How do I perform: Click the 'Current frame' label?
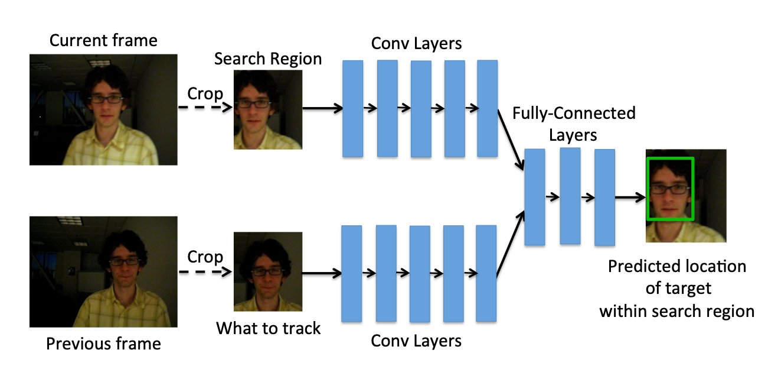[103, 41]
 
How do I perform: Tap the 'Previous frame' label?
[103, 344]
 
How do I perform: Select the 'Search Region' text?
[268, 59]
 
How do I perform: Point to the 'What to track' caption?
[269, 328]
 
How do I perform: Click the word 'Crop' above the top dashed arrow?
[205, 94]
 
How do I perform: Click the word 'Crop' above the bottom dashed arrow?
[205, 258]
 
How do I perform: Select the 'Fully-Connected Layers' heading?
[573, 124]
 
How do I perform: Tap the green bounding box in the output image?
[671, 189]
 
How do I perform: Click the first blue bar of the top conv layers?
[353, 109]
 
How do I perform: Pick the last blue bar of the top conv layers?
[487, 108]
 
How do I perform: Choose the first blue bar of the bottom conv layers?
[352, 273]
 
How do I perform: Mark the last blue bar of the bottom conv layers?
[486, 273]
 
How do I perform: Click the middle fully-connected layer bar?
[570, 196]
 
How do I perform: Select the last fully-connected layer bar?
[604, 197]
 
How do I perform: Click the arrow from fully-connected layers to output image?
[630, 198]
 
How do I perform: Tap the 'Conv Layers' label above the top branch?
[416, 44]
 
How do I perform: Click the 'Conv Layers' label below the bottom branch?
[416, 341]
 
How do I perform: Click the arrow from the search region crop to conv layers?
[322, 108]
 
